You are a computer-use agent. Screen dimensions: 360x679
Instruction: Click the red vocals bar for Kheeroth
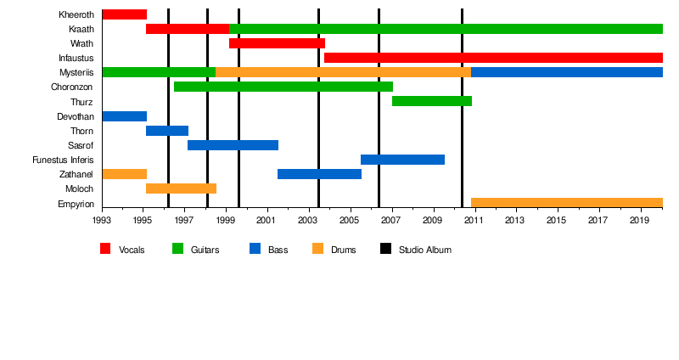(x=124, y=14)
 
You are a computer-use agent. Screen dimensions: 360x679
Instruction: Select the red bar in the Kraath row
(x=187, y=29)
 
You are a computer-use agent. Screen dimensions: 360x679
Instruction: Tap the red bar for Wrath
(x=277, y=43)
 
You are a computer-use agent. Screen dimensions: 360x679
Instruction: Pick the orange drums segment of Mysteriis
(x=343, y=72)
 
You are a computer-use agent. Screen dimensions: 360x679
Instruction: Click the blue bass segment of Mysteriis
(x=566, y=72)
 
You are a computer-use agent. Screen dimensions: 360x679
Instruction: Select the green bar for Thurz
(x=431, y=101)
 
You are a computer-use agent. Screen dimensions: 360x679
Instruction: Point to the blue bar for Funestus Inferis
(x=402, y=160)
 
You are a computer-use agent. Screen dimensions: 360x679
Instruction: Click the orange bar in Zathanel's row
(x=124, y=174)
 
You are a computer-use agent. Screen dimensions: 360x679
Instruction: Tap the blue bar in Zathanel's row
(x=319, y=174)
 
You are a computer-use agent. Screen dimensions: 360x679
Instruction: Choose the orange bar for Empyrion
(x=566, y=203)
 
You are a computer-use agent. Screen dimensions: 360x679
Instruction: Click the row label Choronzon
(x=72, y=87)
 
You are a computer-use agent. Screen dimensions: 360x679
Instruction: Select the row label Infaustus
(x=76, y=58)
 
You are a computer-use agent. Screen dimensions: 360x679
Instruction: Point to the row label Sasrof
(x=81, y=145)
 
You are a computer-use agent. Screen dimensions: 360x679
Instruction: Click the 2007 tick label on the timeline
(x=391, y=221)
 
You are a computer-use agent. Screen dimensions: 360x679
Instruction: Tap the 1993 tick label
(x=102, y=221)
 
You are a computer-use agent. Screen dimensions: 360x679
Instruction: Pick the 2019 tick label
(x=640, y=221)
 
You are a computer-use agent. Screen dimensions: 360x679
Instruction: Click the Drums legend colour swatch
(x=318, y=250)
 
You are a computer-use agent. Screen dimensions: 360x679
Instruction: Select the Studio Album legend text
(x=424, y=250)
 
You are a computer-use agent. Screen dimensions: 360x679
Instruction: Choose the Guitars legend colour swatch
(x=178, y=250)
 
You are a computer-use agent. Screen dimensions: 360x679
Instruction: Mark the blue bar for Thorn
(x=166, y=131)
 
